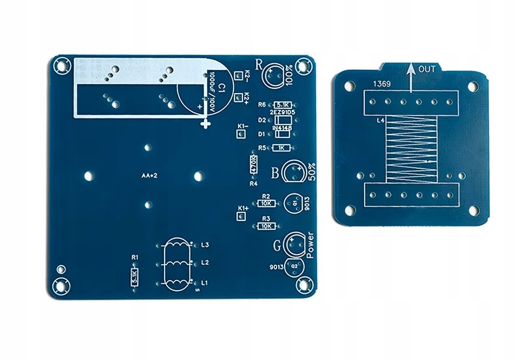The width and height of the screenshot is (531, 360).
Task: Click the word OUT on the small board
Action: (427, 69)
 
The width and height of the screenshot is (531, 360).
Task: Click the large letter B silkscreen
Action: (274, 173)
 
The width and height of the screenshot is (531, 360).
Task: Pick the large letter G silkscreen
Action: (277, 245)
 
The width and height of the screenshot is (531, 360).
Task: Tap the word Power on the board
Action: (310, 245)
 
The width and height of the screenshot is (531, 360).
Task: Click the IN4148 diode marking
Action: (283, 128)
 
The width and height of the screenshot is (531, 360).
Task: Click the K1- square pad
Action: (241, 135)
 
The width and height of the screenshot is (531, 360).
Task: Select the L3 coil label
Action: (205, 245)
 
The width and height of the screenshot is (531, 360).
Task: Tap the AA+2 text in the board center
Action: (148, 175)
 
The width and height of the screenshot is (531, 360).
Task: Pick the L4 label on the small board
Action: (381, 121)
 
